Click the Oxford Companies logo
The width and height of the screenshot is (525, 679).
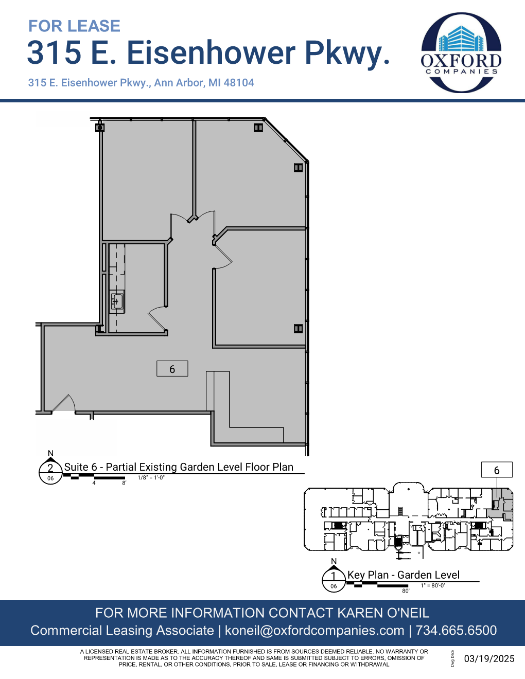(461, 52)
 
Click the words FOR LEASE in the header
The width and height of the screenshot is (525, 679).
(74, 26)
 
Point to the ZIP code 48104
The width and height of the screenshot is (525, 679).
(239, 83)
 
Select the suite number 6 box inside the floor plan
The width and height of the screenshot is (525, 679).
(172, 369)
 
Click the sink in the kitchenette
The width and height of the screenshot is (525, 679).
(117, 301)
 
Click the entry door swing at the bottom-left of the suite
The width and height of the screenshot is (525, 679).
(64, 404)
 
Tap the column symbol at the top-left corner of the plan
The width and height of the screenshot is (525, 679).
(100, 128)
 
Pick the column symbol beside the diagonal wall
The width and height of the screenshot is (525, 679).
(298, 167)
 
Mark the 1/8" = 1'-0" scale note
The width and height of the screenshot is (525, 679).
(151, 478)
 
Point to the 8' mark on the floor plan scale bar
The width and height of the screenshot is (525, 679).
(124, 483)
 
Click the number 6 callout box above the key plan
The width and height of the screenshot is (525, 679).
(497, 470)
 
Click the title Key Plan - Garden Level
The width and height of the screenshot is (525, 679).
(403, 575)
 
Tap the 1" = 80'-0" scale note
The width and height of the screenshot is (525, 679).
(433, 585)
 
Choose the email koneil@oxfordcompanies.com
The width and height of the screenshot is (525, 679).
(314, 631)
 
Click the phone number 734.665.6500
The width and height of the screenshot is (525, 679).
(456, 631)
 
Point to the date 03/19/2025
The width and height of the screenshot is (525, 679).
(489, 659)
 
